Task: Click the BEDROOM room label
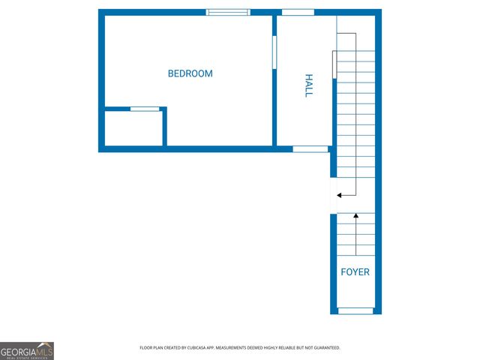(190, 73)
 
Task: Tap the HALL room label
(308, 85)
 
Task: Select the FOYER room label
(355, 272)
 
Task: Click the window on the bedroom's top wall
(228, 12)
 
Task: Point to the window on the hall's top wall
(298, 12)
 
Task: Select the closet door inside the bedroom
(145, 109)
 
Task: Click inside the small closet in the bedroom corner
(133, 129)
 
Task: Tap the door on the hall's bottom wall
(310, 149)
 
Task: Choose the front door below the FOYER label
(355, 310)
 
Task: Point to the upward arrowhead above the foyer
(356, 216)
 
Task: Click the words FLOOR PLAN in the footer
(152, 348)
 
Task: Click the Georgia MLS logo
(27, 350)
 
